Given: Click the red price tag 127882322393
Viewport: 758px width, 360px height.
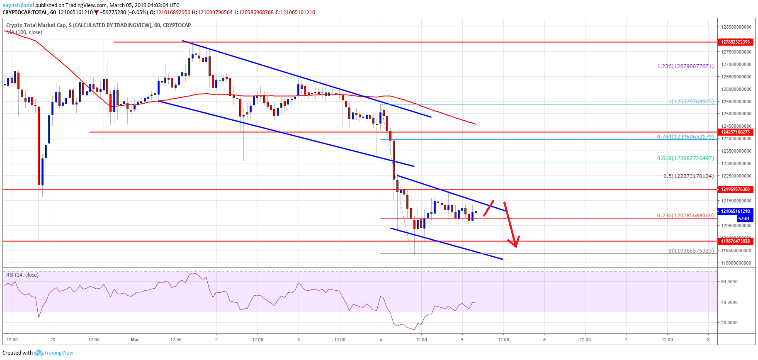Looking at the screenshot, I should click(x=735, y=42).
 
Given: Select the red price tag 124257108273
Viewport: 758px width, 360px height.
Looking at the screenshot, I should click(x=735, y=132).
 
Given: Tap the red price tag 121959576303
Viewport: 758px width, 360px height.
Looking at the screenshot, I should click(x=735, y=189).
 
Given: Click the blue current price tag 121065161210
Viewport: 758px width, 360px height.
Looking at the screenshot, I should click(x=735, y=211).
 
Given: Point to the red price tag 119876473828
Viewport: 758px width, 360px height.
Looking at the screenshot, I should click(x=735, y=241).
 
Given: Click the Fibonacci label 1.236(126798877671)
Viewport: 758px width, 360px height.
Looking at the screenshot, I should click(x=685, y=66).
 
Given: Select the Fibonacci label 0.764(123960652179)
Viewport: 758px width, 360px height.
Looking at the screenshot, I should click(x=685, y=136).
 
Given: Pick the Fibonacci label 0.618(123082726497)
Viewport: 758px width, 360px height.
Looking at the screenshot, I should click(x=685, y=158).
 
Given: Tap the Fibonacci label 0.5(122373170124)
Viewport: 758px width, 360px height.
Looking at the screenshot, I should click(x=688, y=176).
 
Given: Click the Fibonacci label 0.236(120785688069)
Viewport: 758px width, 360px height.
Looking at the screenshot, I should click(x=685, y=215).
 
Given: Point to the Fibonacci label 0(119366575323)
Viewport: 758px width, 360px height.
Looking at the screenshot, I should click(x=691, y=251).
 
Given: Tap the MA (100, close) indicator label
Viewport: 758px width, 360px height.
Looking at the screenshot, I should click(x=24, y=32).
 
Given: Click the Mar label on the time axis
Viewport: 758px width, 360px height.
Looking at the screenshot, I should click(x=135, y=340).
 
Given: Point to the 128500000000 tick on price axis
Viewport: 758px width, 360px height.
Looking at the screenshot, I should click(x=736, y=27).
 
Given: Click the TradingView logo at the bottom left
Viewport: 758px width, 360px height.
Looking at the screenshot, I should click(x=54, y=353).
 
